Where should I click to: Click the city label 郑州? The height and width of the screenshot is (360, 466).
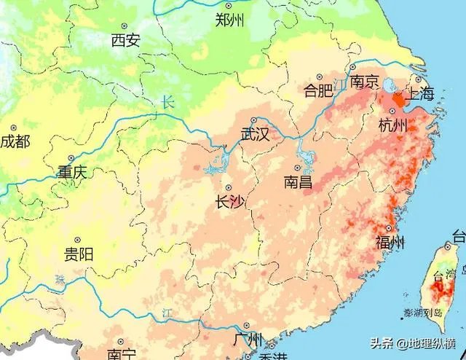[229, 20]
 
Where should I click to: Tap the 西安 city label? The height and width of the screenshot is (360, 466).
[125, 41]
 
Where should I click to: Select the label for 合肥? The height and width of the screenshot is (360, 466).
[318, 90]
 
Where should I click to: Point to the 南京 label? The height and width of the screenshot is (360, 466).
[364, 82]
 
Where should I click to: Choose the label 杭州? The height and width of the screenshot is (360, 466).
[392, 125]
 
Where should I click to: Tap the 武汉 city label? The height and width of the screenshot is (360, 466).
[256, 134]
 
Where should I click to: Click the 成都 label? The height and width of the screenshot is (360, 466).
[15, 141]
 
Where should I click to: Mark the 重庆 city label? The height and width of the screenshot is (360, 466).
[72, 173]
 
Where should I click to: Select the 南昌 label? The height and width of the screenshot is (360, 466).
[299, 181]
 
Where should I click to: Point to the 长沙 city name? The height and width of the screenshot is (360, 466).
[230, 202]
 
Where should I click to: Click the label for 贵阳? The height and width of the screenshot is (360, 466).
[78, 254]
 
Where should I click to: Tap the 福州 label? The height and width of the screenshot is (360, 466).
[390, 243]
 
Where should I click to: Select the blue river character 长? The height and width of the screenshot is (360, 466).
[168, 103]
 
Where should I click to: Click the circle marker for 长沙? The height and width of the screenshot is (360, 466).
[229, 187]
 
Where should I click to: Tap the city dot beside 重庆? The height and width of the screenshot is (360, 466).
[71, 158]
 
